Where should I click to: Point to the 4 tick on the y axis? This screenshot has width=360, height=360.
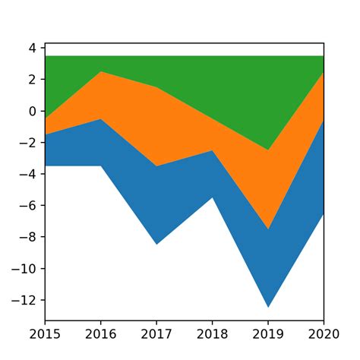pyautogui.click(x=33, y=48)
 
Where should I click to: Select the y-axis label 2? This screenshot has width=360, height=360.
pyautogui.click(x=33, y=80)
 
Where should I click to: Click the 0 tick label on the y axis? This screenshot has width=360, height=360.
pyautogui.click(x=33, y=111)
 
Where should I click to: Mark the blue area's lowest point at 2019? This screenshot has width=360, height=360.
pyautogui.click(x=268, y=307)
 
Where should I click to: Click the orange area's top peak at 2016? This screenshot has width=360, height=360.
pyautogui.click(x=100, y=72)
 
